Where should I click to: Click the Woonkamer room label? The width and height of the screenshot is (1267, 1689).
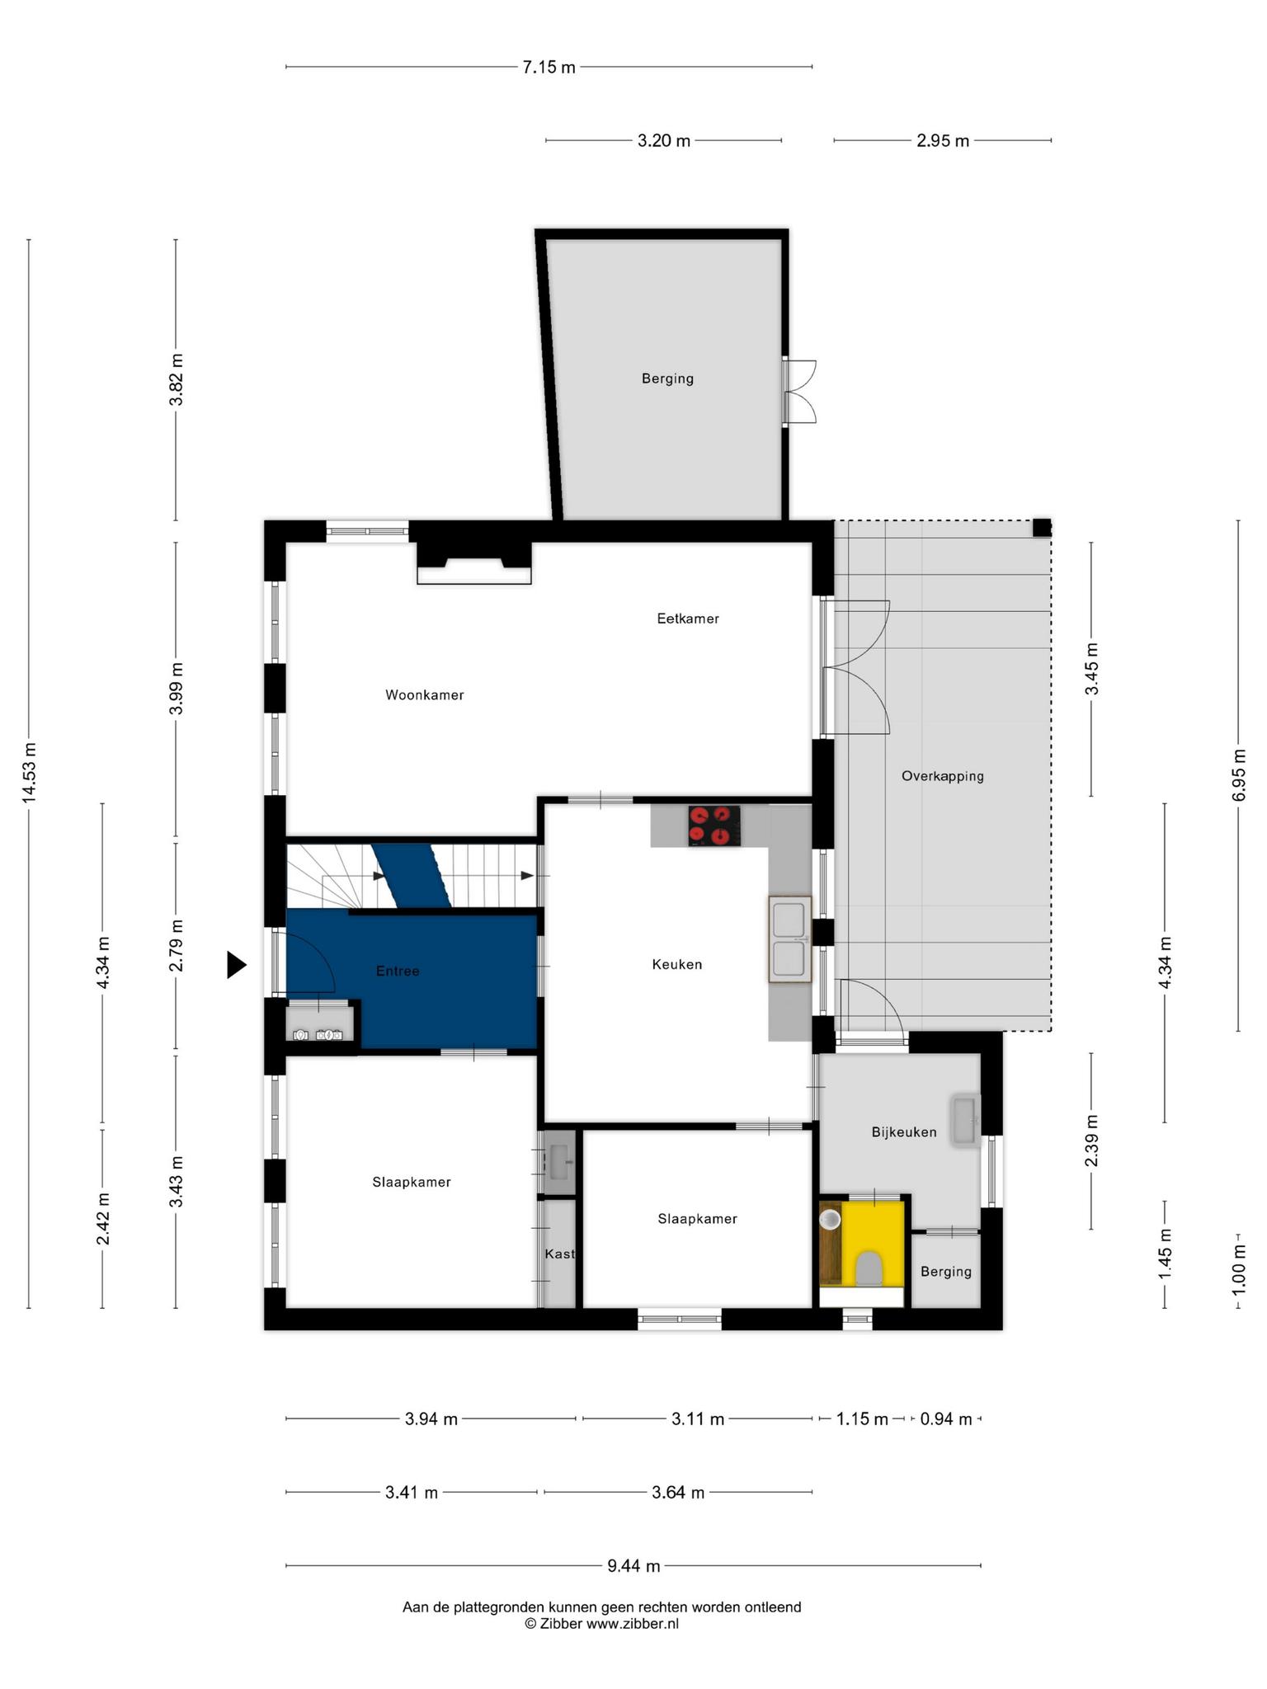point(425,695)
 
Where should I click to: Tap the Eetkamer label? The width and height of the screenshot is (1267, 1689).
point(688,619)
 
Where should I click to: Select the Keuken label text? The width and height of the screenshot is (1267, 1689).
point(677,964)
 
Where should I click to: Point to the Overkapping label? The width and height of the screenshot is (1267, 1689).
point(943,776)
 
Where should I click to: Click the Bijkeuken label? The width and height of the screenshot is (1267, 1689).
point(904,1132)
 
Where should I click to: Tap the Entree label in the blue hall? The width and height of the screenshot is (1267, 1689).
point(398,972)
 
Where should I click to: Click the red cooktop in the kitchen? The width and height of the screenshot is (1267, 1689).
point(714,826)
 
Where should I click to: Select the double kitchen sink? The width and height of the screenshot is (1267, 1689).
point(790,939)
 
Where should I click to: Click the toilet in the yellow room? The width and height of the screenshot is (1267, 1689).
point(869,1268)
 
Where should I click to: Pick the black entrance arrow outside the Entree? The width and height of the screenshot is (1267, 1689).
point(237,965)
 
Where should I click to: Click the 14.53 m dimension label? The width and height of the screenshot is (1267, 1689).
point(30,773)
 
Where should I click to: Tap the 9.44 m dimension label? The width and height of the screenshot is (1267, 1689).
point(633,1565)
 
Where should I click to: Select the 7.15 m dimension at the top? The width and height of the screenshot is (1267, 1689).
point(549,68)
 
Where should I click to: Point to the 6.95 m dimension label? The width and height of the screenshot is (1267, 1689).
point(1239,774)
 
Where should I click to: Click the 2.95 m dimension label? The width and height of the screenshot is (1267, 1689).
point(943,141)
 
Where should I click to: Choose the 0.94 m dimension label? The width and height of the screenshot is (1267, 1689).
point(946,1419)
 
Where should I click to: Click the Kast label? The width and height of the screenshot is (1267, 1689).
point(559,1254)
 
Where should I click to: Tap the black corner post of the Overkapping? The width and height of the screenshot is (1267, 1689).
point(1043,528)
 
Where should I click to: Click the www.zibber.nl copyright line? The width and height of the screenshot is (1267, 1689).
point(602,1624)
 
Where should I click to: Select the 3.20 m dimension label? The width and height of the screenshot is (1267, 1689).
point(664,141)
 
